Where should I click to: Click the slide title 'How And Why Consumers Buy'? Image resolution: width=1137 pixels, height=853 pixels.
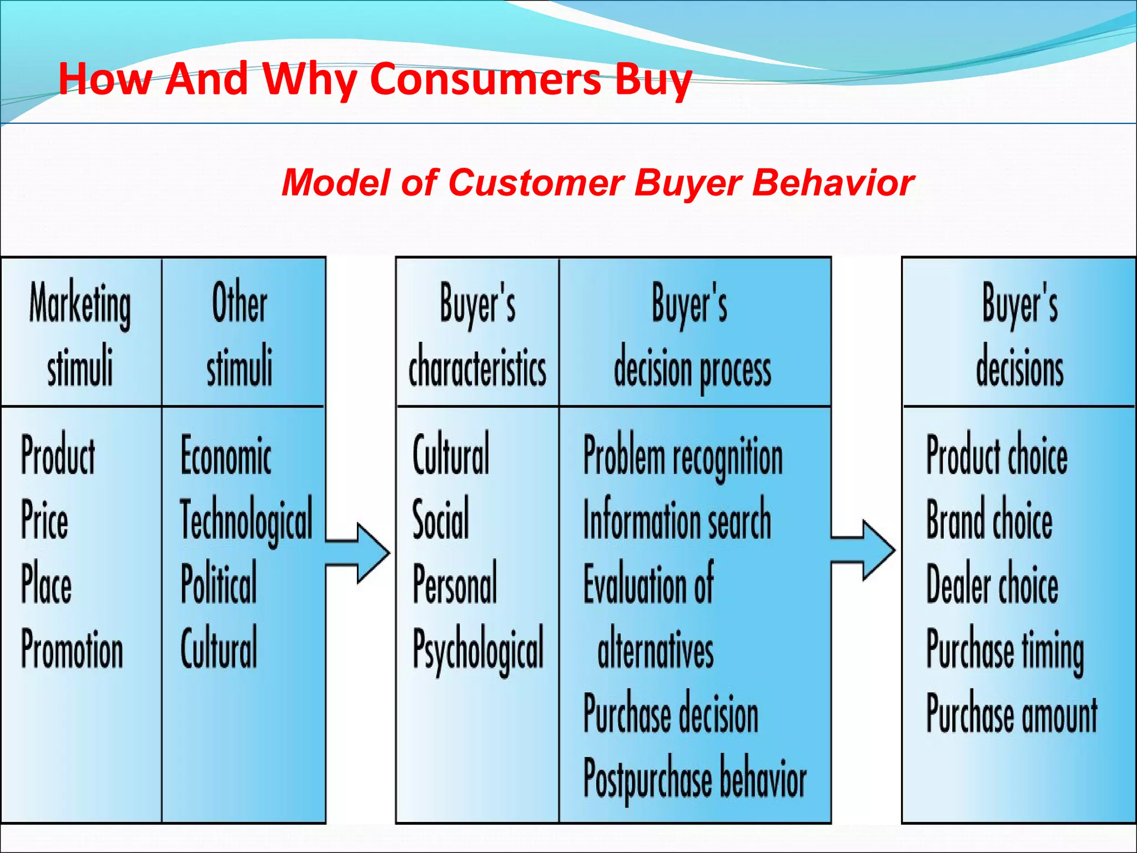(x=375, y=79)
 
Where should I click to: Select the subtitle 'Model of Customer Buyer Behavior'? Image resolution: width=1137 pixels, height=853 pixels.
(x=597, y=183)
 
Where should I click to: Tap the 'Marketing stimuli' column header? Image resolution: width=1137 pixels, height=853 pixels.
(x=81, y=333)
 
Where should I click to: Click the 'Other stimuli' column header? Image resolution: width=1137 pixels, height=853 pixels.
(x=240, y=333)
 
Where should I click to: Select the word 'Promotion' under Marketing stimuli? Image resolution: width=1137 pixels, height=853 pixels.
(x=72, y=649)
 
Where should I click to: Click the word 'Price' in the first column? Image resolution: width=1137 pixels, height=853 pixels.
(x=44, y=519)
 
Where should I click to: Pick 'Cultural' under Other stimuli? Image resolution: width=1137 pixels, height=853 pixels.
(x=219, y=647)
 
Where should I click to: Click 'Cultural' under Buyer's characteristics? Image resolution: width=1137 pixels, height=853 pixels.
(x=451, y=454)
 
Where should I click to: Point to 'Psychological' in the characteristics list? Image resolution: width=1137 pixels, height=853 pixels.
(x=478, y=649)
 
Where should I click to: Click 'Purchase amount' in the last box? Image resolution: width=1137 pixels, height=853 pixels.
(x=1012, y=714)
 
